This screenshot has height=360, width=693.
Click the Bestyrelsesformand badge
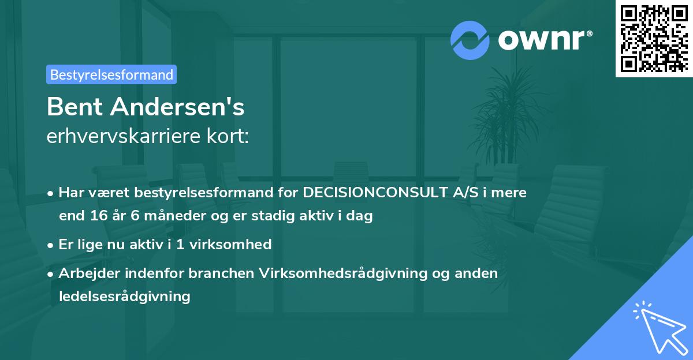[111, 74]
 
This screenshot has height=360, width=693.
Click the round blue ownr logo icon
[470, 40]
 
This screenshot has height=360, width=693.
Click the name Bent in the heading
[76, 107]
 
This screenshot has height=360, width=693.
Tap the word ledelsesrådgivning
[124, 297]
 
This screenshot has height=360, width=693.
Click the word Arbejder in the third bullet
[87, 273]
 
